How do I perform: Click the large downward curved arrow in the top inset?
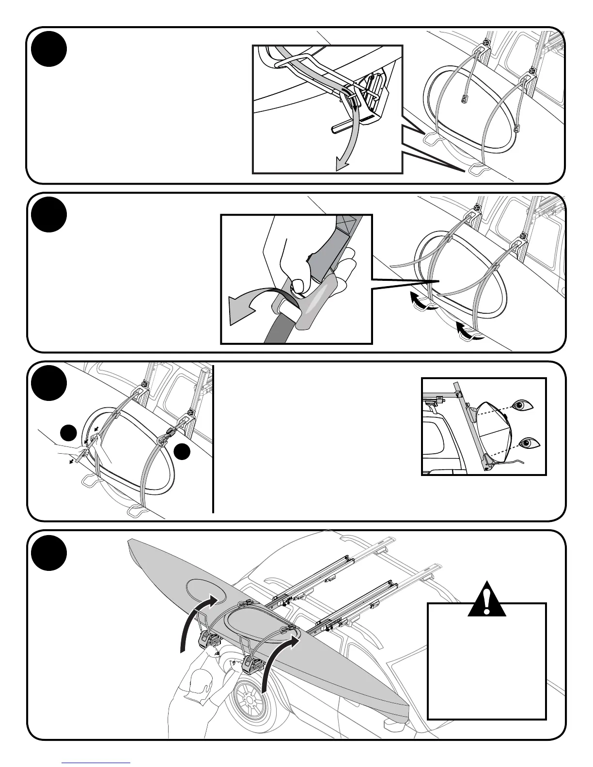[351, 140]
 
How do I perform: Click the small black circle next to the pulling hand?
[68, 432]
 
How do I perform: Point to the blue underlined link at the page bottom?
[96, 762]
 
